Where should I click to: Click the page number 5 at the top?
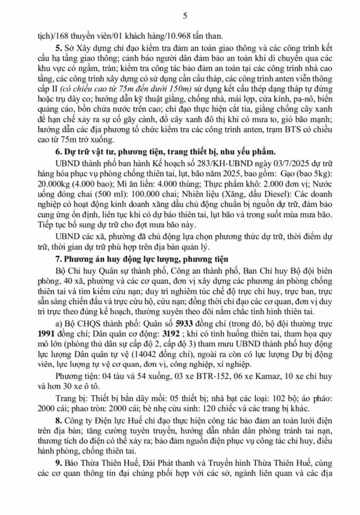[x=185, y=16]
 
